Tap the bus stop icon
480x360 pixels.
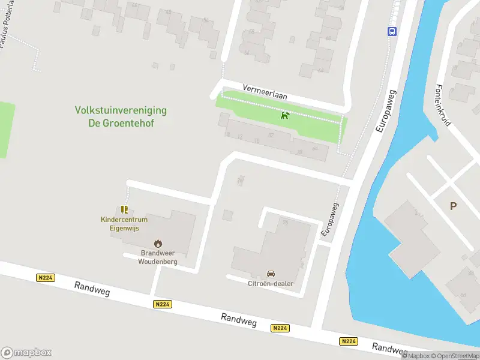point(392,32)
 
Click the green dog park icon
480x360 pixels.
point(285,115)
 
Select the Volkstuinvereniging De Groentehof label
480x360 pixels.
point(121,116)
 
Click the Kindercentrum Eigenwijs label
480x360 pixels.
point(124,224)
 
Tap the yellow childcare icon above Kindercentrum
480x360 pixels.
point(124,209)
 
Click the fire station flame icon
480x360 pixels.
point(158,243)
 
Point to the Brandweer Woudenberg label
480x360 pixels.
point(158,257)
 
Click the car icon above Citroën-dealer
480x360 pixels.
point(271,274)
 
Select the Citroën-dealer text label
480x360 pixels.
point(271,283)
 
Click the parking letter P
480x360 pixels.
point(453,206)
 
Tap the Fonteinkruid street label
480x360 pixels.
point(443,104)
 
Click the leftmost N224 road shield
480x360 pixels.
point(44,278)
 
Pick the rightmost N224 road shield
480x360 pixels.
point(349,341)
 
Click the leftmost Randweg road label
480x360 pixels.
point(93,290)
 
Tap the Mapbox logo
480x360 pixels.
point(26,352)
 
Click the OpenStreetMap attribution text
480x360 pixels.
point(455,356)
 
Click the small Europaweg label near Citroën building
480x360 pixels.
point(330,219)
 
